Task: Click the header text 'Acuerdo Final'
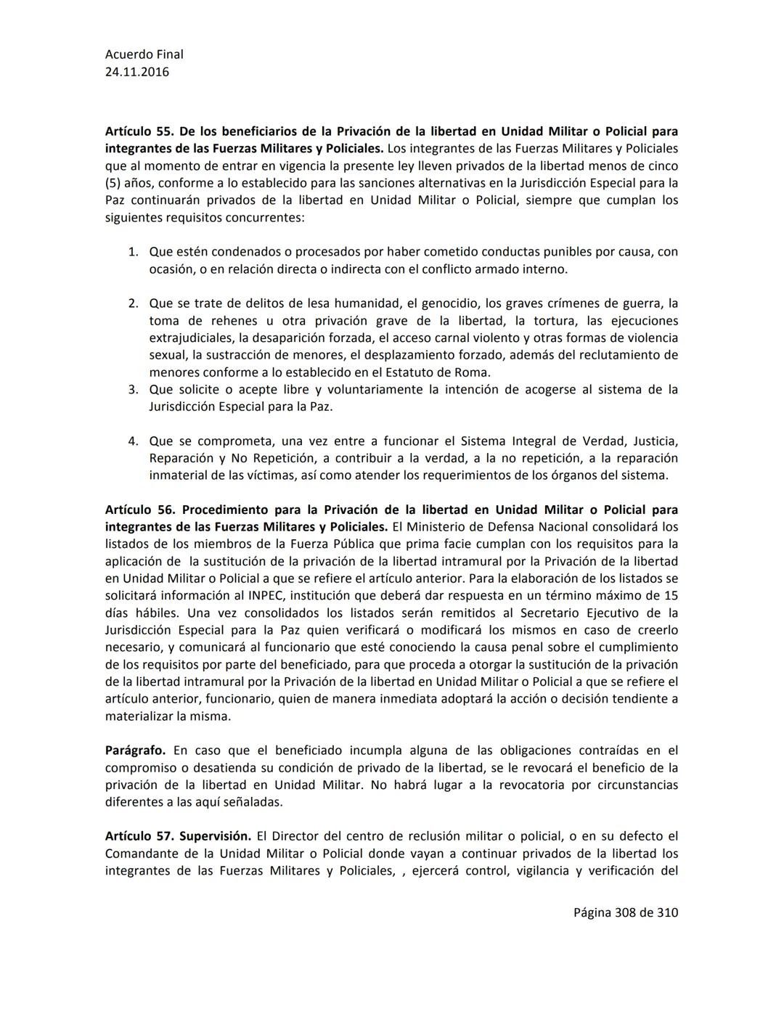tap(144, 54)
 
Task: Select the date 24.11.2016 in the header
tap(136, 72)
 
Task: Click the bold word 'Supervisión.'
tap(216, 836)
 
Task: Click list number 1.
tap(133, 252)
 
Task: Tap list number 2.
tap(133, 303)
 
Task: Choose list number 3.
tap(133, 390)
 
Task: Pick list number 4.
tap(133, 441)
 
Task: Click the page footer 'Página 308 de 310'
tap(625, 912)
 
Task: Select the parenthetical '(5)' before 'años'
tap(115, 183)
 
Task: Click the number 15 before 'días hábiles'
tap(671, 596)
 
